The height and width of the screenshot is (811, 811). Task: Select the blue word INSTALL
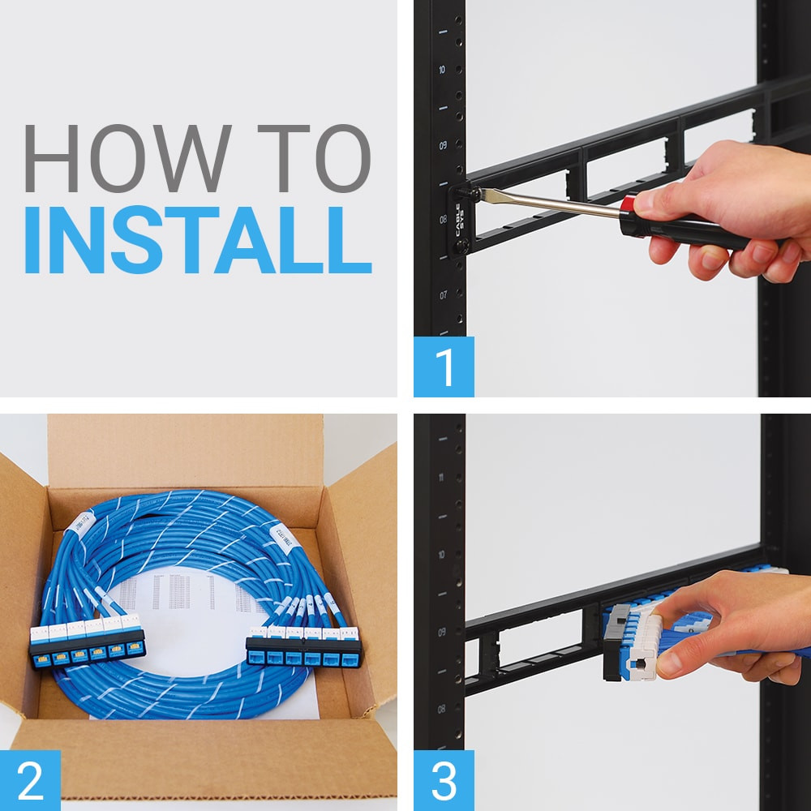(x=197, y=242)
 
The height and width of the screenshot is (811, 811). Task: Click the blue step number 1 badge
(x=444, y=367)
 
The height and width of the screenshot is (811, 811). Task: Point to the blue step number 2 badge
(x=30, y=780)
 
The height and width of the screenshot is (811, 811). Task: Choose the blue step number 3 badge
(x=444, y=780)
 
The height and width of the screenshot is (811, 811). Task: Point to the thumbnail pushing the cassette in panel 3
(x=667, y=663)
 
